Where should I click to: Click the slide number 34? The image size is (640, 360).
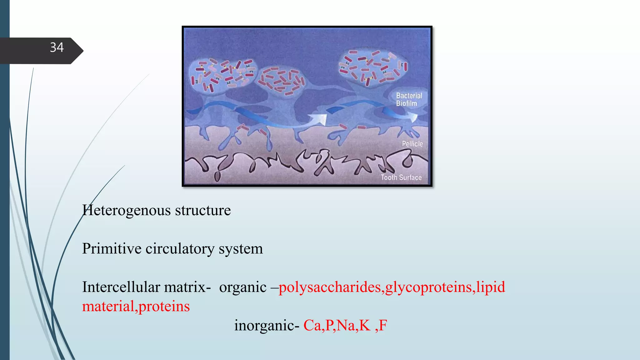(x=57, y=47)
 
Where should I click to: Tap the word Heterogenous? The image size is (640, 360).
(x=127, y=210)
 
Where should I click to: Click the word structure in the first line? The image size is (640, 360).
(x=203, y=210)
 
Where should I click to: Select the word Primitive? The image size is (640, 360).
(x=112, y=249)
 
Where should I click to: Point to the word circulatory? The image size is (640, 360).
(x=180, y=249)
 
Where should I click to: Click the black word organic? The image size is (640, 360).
(x=243, y=287)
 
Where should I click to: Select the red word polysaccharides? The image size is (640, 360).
(x=330, y=287)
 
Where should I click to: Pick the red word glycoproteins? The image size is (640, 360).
(x=428, y=287)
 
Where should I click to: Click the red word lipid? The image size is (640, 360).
(x=491, y=287)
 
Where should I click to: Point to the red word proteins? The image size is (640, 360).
(x=164, y=306)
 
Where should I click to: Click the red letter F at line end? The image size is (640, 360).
(x=383, y=325)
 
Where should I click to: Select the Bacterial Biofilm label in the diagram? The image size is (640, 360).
(x=409, y=99)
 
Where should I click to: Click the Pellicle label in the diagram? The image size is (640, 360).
(x=412, y=144)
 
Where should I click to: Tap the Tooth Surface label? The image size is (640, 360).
(x=401, y=177)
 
